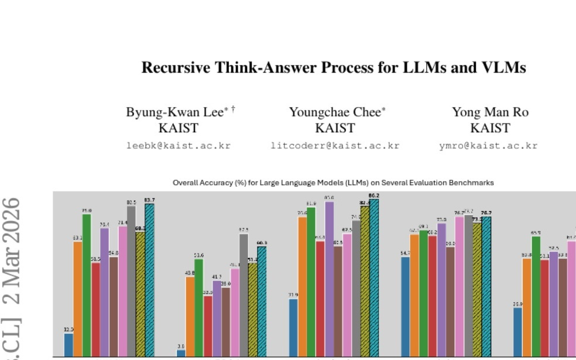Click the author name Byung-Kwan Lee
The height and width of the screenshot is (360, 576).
tap(175, 112)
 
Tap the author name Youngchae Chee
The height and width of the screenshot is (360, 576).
tap(335, 112)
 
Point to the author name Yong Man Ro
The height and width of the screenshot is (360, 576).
tap(489, 112)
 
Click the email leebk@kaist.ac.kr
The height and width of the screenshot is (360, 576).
tap(179, 145)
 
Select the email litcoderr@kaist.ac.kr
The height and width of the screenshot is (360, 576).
tap(335, 145)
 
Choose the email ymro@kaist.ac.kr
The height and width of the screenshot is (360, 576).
tap(488, 145)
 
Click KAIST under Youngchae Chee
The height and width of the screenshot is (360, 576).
tap(335, 128)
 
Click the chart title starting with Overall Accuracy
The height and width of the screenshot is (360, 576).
tap(333, 183)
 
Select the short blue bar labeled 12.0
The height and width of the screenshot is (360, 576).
tap(68, 345)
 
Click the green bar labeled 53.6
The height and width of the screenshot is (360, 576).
tap(199, 307)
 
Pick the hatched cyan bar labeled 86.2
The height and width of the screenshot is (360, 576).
tap(374, 277)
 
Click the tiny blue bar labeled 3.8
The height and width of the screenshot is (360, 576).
tap(181, 353)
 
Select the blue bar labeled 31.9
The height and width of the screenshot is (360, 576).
tap(293, 327)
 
